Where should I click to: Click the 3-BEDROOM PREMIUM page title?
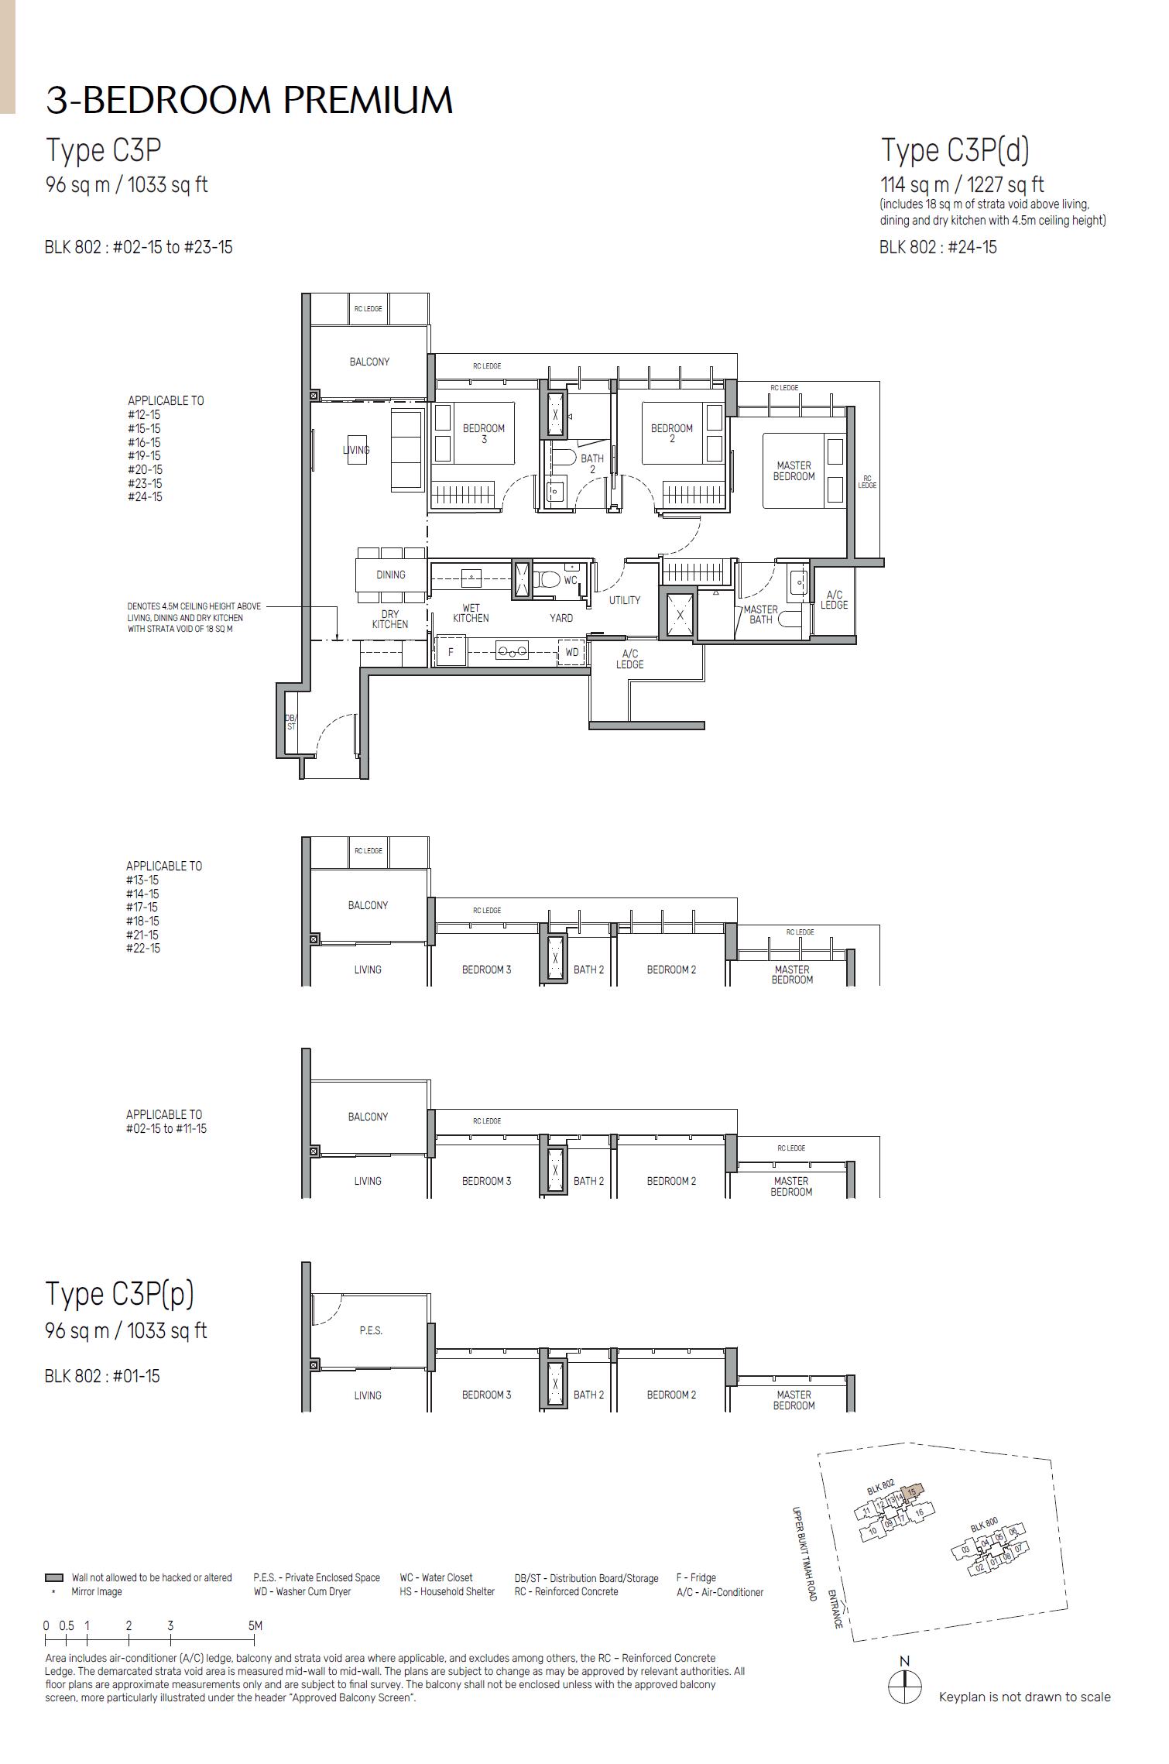249,100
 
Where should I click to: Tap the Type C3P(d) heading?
955,150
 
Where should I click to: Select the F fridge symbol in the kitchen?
451,652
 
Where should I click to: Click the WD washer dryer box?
572,652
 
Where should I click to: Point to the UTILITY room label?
624,600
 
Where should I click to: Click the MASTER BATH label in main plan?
760,615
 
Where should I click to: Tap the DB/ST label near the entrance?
291,722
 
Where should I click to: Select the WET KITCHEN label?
471,613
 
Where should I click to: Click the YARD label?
561,618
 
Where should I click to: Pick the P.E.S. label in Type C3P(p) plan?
371,1330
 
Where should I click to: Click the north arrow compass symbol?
904,1686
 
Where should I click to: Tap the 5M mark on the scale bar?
255,1625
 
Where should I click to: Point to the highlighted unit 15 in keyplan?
912,1491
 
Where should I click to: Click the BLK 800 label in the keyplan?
984,1524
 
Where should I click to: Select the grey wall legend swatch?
54,1577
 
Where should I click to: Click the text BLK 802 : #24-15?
938,247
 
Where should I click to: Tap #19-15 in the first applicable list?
144,456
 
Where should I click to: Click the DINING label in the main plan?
391,575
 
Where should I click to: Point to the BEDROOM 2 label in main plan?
671,433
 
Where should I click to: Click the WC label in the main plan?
571,580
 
